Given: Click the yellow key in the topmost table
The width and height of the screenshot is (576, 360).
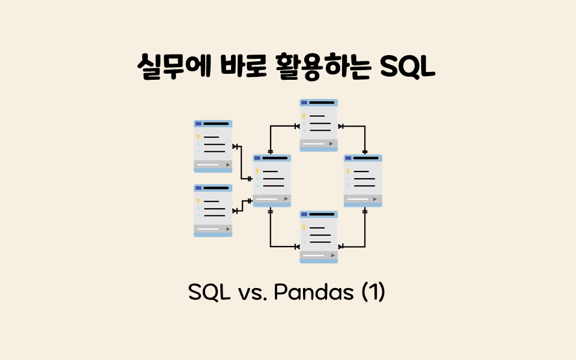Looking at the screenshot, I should (x=304, y=115).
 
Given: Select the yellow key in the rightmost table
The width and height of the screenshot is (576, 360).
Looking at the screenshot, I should (x=348, y=171).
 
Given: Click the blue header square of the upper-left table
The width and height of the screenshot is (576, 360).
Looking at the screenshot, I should (x=198, y=124).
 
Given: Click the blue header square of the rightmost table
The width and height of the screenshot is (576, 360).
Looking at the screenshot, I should (x=348, y=158).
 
